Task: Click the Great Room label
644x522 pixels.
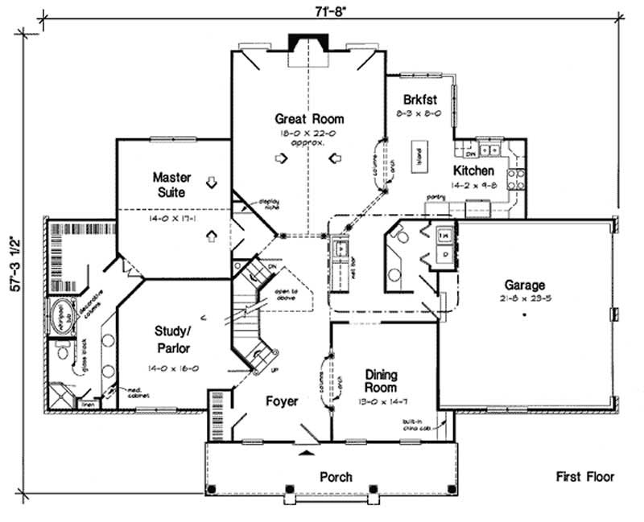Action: [x=308, y=119]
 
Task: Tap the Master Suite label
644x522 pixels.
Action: [x=170, y=184]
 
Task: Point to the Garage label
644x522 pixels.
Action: [x=525, y=285]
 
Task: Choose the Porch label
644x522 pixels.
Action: [x=336, y=477]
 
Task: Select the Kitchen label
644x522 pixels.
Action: [x=473, y=171]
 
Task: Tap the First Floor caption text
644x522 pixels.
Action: [x=585, y=477]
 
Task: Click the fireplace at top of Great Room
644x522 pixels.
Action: [x=305, y=44]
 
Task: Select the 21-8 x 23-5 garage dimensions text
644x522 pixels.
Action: [x=525, y=298]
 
